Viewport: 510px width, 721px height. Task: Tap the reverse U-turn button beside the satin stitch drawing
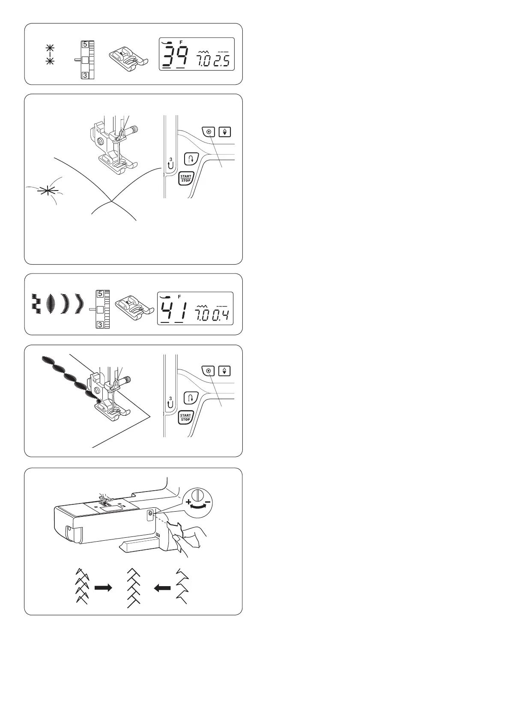point(190,398)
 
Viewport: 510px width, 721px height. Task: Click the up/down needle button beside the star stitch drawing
point(225,131)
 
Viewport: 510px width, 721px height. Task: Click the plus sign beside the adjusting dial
point(188,500)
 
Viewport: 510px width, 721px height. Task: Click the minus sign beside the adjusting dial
point(207,500)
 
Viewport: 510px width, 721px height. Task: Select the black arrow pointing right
point(103,588)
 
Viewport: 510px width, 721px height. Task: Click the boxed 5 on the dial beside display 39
point(85,45)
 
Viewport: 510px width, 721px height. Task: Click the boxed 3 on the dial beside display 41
point(100,325)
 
